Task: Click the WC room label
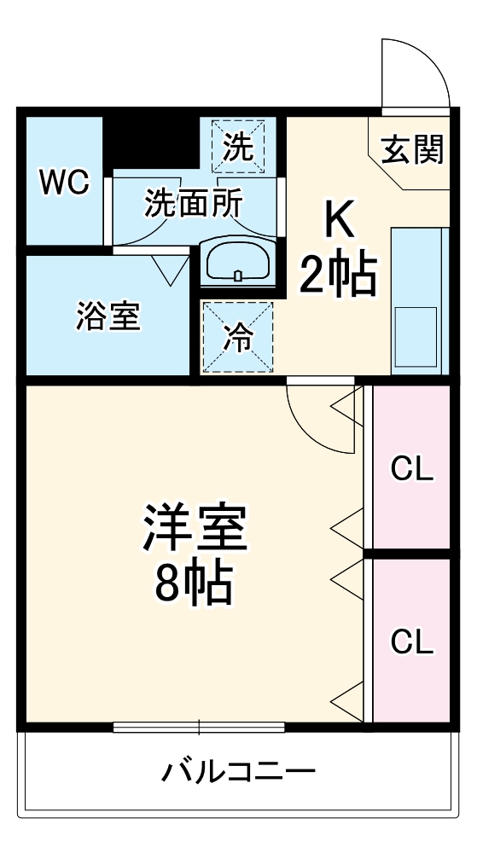[66, 182]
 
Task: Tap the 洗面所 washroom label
[193, 203]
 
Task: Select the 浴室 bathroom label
[108, 316]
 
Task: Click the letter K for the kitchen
[337, 223]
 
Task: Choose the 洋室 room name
[195, 528]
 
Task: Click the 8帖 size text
[195, 584]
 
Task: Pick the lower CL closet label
[412, 641]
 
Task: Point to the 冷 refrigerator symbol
[236, 338]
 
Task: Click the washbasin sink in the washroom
[237, 262]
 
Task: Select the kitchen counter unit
[419, 300]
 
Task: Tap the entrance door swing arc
[416, 73]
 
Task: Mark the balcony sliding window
[199, 728]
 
